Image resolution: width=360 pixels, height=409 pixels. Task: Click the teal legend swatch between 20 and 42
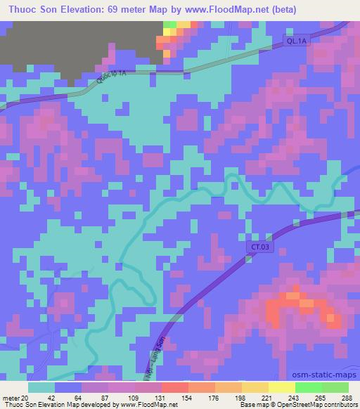[x=42, y=387]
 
